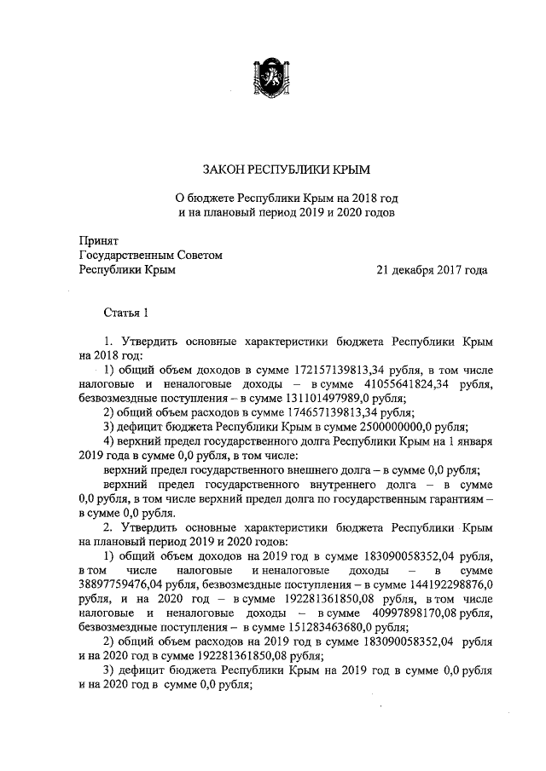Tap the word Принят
pyautogui.click(x=98, y=241)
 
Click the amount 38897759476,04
pyautogui.click(x=130, y=586)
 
